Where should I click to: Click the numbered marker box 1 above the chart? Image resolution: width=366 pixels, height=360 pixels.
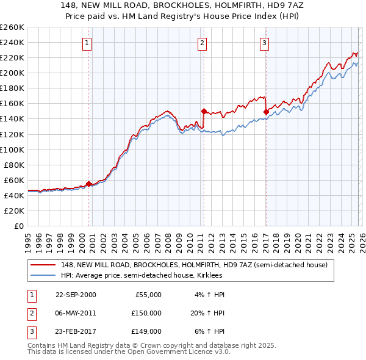coord(88,43)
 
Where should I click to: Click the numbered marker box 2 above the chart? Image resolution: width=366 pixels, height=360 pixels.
coord(202,43)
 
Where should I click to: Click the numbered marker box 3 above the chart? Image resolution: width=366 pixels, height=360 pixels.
coord(265,43)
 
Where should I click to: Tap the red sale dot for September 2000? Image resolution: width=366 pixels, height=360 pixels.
coord(89,184)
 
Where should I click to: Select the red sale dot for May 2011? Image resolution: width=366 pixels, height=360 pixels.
coord(204,111)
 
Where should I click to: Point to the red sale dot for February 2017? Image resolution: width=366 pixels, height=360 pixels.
coord(266,112)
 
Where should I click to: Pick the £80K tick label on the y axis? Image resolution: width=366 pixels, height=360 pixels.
coord(14,165)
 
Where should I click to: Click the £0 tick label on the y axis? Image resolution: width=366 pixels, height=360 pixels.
coord(19,226)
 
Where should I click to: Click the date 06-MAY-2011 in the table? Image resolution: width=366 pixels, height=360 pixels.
coord(76,313)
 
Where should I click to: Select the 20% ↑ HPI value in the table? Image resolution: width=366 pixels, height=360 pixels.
coord(208,313)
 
